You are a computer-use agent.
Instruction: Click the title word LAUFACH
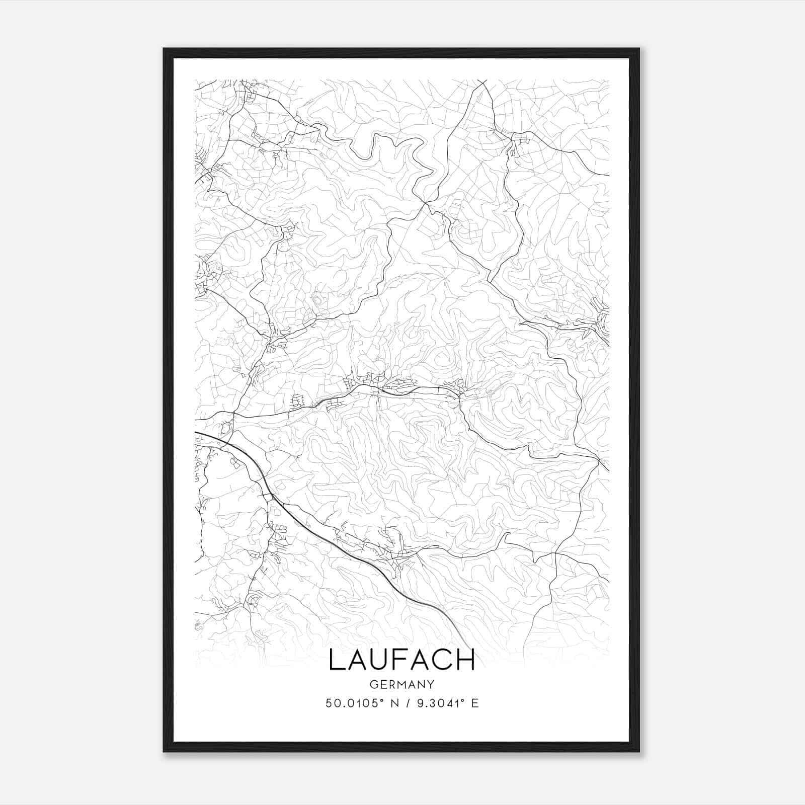(x=401, y=660)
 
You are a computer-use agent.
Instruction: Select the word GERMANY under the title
(x=401, y=684)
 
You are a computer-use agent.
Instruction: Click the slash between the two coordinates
(x=402, y=703)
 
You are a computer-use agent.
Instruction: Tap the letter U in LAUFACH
(x=378, y=660)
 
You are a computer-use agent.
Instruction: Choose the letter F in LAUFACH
(x=399, y=660)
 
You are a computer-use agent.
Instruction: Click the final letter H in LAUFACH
(x=465, y=660)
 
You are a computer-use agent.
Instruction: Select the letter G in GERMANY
(x=373, y=684)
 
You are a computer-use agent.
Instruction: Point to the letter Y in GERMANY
(x=431, y=684)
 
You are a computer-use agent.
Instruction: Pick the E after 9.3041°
(x=475, y=703)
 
